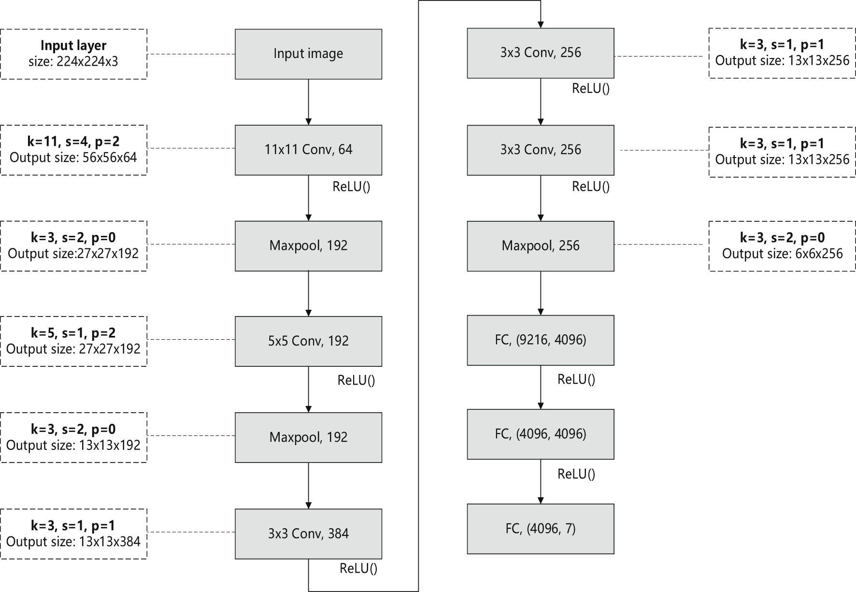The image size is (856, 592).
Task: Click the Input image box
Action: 308,54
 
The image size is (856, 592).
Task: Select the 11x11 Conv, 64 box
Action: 308,150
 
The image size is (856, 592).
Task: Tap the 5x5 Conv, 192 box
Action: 308,341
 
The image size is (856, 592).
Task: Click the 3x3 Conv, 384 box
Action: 308,534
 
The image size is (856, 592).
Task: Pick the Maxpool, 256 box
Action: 540,246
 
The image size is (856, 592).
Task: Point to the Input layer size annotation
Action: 73,54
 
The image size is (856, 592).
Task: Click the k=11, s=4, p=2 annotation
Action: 73,142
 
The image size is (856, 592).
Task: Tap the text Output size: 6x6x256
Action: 782,254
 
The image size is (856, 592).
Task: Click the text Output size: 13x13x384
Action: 73,541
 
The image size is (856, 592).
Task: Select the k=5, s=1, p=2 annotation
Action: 73,333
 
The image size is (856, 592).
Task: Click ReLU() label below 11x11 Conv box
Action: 351,187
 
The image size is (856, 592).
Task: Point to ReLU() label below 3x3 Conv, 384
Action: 358,568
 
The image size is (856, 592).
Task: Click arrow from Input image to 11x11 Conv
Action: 308,101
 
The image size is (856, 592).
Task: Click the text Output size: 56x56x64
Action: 73,158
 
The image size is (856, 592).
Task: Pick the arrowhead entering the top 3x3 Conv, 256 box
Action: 541,25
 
